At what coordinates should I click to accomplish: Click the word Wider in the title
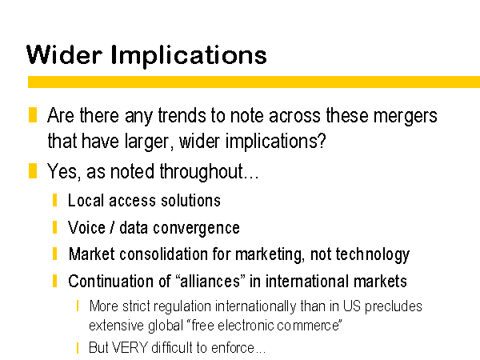tap(64, 54)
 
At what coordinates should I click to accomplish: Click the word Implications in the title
tap(189, 57)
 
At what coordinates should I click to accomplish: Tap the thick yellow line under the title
tap(254, 82)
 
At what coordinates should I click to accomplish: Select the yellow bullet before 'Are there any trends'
tap(33, 114)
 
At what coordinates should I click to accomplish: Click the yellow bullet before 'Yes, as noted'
tap(33, 171)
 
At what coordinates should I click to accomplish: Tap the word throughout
tap(202, 171)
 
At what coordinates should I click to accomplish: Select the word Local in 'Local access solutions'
tap(86, 201)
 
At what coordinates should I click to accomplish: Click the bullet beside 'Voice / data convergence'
tap(54, 227)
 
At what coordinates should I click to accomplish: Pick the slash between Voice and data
tap(112, 228)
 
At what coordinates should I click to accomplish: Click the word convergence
tap(196, 228)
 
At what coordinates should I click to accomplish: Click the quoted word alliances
tap(210, 281)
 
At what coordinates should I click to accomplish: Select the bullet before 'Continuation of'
tap(54, 281)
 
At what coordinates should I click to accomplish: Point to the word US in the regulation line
tap(351, 306)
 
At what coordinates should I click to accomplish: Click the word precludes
tap(394, 306)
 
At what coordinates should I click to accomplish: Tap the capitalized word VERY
tap(130, 347)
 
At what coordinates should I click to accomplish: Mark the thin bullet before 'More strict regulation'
tap(78, 306)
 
